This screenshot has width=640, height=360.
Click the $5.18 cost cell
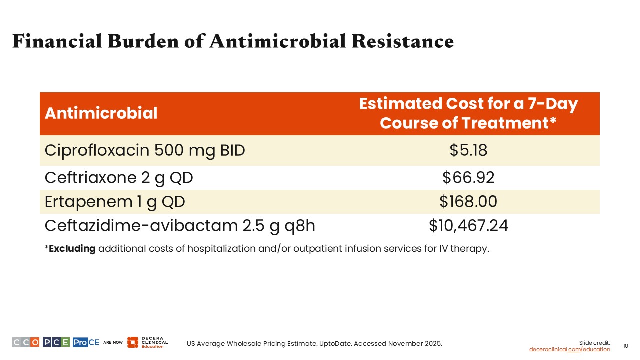point(468,150)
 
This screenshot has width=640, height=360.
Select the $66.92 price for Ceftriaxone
point(468,177)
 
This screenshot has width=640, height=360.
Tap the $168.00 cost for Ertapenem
point(468,202)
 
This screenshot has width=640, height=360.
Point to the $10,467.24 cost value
point(468,226)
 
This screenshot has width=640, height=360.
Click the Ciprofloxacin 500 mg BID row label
point(145,150)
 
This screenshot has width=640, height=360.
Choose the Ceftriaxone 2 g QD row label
point(119,177)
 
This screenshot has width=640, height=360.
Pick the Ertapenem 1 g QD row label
point(115,202)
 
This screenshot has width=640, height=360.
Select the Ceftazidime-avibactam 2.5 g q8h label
point(180,226)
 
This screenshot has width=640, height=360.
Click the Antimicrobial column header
point(101,113)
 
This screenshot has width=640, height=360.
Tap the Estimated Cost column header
point(468,113)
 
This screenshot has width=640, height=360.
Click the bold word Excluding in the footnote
point(72,249)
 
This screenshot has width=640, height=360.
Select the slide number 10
point(625,346)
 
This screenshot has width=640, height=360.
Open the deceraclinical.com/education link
point(569,349)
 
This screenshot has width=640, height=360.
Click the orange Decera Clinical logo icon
point(132,342)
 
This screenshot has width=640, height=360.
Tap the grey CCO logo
point(26,342)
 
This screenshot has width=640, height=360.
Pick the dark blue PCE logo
point(56,342)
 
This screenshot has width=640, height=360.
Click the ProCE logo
point(86,342)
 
